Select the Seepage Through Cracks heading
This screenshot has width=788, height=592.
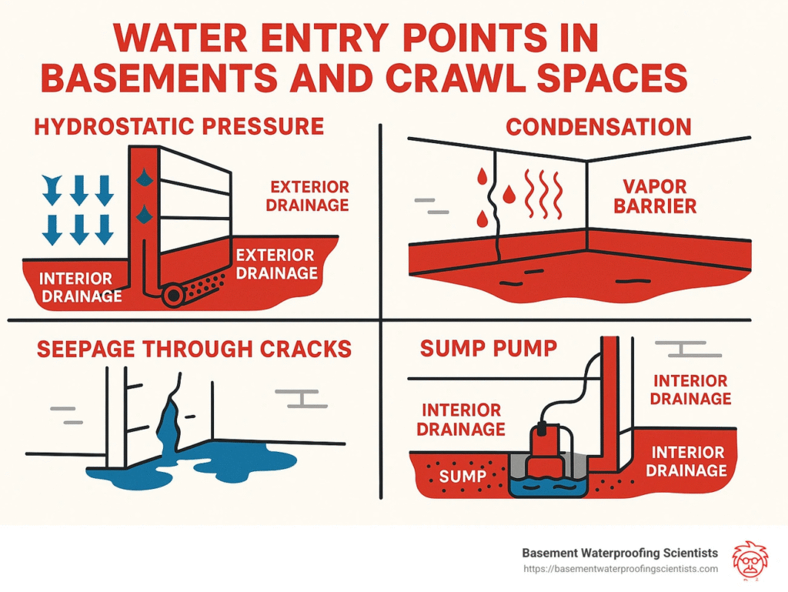pyautogui.click(x=194, y=349)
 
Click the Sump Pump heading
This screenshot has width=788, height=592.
pyautogui.click(x=489, y=349)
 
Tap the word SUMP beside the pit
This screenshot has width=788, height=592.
pyautogui.click(x=462, y=477)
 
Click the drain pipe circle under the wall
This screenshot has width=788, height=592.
pyautogui.click(x=172, y=295)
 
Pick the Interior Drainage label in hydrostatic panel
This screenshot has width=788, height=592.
pyautogui.click(x=80, y=287)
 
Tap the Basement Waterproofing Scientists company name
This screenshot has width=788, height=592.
pyautogui.click(x=619, y=553)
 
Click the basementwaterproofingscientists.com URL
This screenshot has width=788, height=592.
pyautogui.click(x=619, y=569)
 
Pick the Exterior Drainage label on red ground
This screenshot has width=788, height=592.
pyautogui.click(x=275, y=263)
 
